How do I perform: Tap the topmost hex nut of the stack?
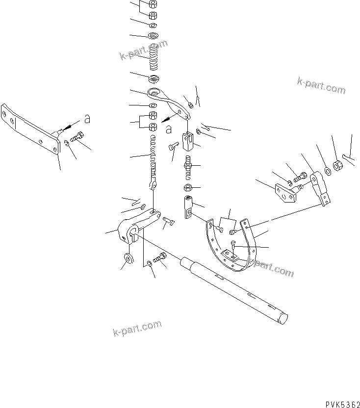click(x=153, y=5)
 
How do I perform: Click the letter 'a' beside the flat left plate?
click(x=87, y=119)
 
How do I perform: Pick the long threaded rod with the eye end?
click(x=154, y=157)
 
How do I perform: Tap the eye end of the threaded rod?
click(x=153, y=185)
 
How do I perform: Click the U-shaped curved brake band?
click(x=231, y=250)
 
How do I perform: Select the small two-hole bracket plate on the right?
click(x=286, y=193)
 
